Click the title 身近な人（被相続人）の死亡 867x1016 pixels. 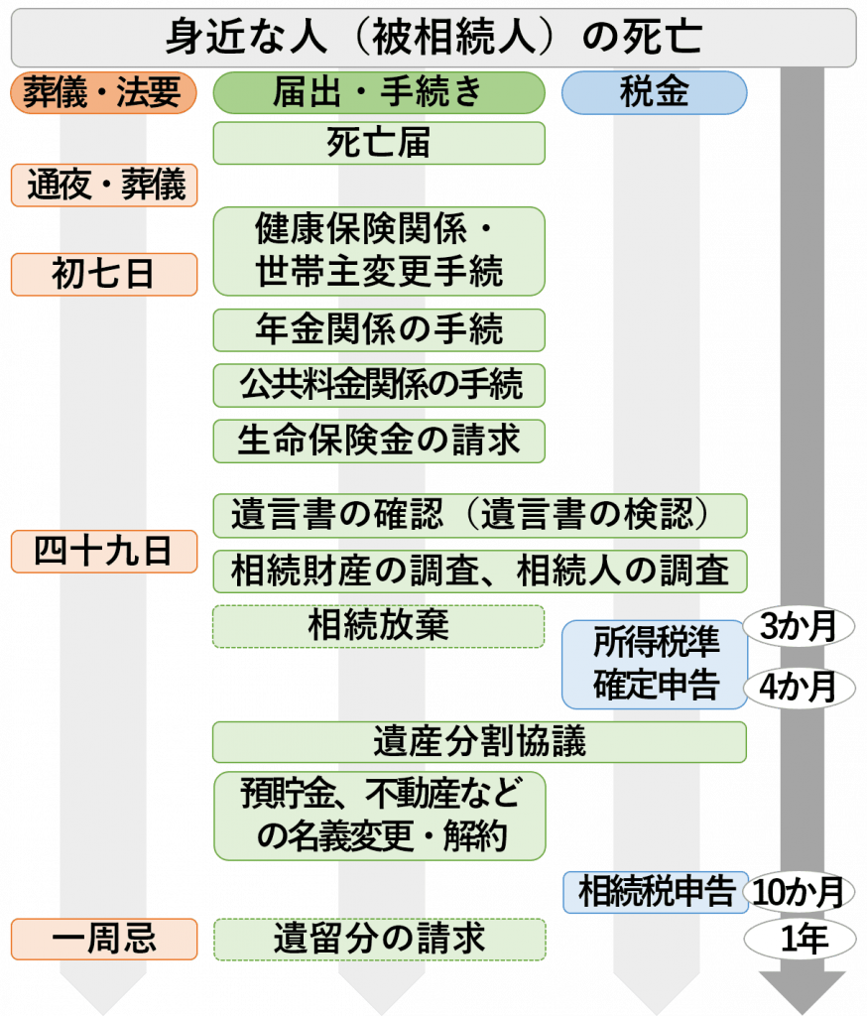click(433, 39)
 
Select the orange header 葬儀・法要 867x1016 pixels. click(103, 93)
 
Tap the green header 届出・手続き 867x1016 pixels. click(379, 93)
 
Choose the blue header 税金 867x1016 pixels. click(654, 93)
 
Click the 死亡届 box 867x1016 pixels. click(379, 143)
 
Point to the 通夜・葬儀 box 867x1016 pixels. click(103, 185)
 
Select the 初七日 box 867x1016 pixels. click(103, 274)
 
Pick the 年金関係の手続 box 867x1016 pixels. click(379, 329)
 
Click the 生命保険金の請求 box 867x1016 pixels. click(379, 439)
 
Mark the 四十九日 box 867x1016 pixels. click(103, 552)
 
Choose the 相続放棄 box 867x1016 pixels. click(379, 626)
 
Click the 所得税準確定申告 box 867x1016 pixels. click(654, 665)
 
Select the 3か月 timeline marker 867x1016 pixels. click(799, 626)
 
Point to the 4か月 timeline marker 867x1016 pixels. click(799, 687)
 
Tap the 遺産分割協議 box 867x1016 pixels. click(478, 742)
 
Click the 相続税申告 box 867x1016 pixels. click(654, 890)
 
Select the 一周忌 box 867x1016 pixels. click(103, 940)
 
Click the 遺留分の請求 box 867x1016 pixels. click(379, 940)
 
